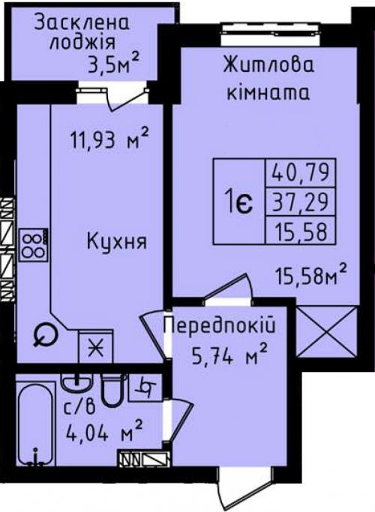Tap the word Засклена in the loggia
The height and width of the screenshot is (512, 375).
[x=82, y=22]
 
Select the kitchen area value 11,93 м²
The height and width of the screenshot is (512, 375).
[x=109, y=139]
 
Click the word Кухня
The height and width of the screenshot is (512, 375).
[x=117, y=241]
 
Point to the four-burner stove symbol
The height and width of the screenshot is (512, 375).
[x=33, y=245]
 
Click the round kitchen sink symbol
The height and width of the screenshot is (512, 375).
[x=45, y=335]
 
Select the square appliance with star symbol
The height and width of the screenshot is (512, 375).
[x=96, y=346]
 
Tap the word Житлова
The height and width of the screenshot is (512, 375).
[x=268, y=64]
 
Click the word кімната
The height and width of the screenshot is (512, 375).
[x=268, y=93]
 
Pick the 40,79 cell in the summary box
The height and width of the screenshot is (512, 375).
[x=301, y=172]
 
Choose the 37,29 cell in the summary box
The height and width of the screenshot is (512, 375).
[x=301, y=202]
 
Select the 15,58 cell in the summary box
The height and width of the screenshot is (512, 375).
[x=301, y=230]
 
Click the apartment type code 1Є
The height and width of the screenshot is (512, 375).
[x=238, y=202]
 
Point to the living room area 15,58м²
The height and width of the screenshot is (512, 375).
[x=310, y=277]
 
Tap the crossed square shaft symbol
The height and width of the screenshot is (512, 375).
[x=327, y=331]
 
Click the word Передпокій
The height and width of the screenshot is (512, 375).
[x=220, y=326]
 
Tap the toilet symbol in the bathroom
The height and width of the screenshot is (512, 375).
[x=113, y=390]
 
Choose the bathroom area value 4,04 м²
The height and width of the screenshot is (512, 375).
[x=104, y=432]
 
